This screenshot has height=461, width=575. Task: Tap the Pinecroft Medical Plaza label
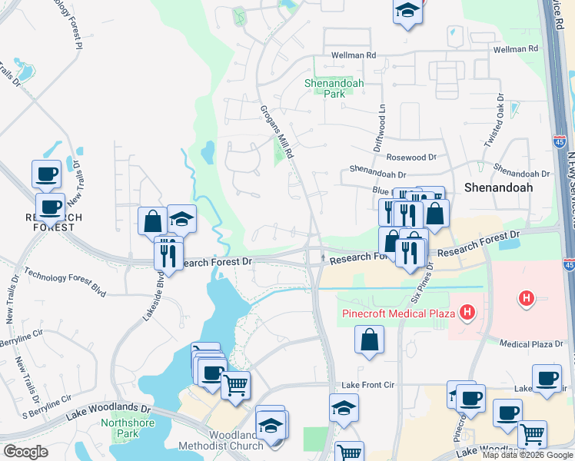coord(399,313)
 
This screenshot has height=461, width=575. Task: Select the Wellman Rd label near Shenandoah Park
coord(354,55)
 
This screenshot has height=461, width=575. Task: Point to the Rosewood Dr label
coord(411,157)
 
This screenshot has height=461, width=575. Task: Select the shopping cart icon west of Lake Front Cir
coord(236,384)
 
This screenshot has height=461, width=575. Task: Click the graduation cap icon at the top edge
coord(407,12)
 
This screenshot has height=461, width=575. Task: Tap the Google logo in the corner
coord(25,452)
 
